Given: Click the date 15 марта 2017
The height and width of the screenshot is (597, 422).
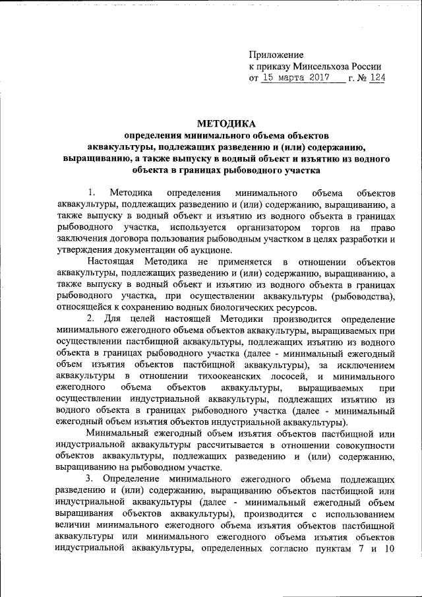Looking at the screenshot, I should tap(291, 79).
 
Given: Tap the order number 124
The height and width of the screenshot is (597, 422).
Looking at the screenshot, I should tap(378, 79).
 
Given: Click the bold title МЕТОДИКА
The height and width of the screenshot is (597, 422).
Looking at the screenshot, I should tap(226, 124).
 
